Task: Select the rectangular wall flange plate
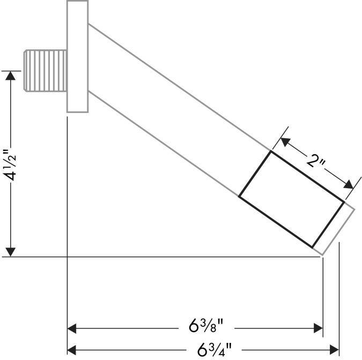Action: pyautogui.click(x=77, y=56)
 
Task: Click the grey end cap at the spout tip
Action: pyautogui.click(x=334, y=228)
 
